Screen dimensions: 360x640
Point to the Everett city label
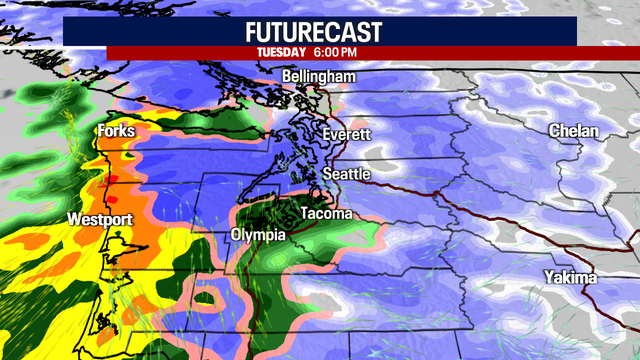pyautogui.click(x=347, y=134)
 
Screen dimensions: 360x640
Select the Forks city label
pyautogui.click(x=116, y=132)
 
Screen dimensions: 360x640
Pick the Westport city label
pyautogui.click(x=99, y=218)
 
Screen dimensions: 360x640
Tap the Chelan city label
pyautogui.click(x=573, y=132)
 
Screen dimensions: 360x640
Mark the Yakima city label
pyautogui.click(x=571, y=277)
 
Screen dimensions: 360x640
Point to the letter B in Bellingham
pyautogui.click(x=287, y=77)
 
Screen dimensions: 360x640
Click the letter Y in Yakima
pyautogui.click(x=549, y=277)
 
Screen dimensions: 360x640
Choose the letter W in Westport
pyautogui.click(x=73, y=218)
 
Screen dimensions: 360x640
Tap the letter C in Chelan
pyautogui.click(x=554, y=132)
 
